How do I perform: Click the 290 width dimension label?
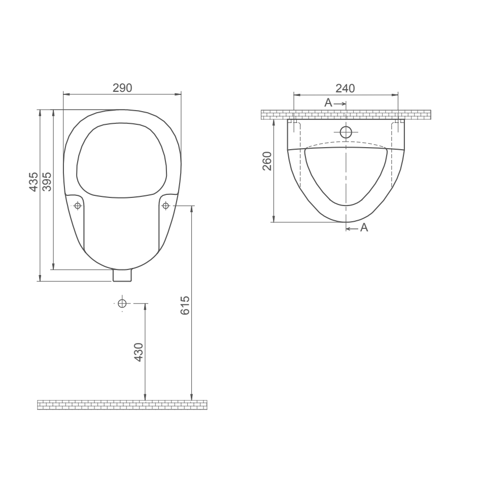122,88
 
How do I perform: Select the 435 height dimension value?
33,182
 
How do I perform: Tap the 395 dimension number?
47,182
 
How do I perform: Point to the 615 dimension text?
185,305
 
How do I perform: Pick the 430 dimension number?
139,352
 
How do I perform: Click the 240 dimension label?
346,88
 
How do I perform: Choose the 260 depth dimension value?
267,161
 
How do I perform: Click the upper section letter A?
328,103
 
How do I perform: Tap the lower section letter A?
364,227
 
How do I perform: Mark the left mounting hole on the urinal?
78,206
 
